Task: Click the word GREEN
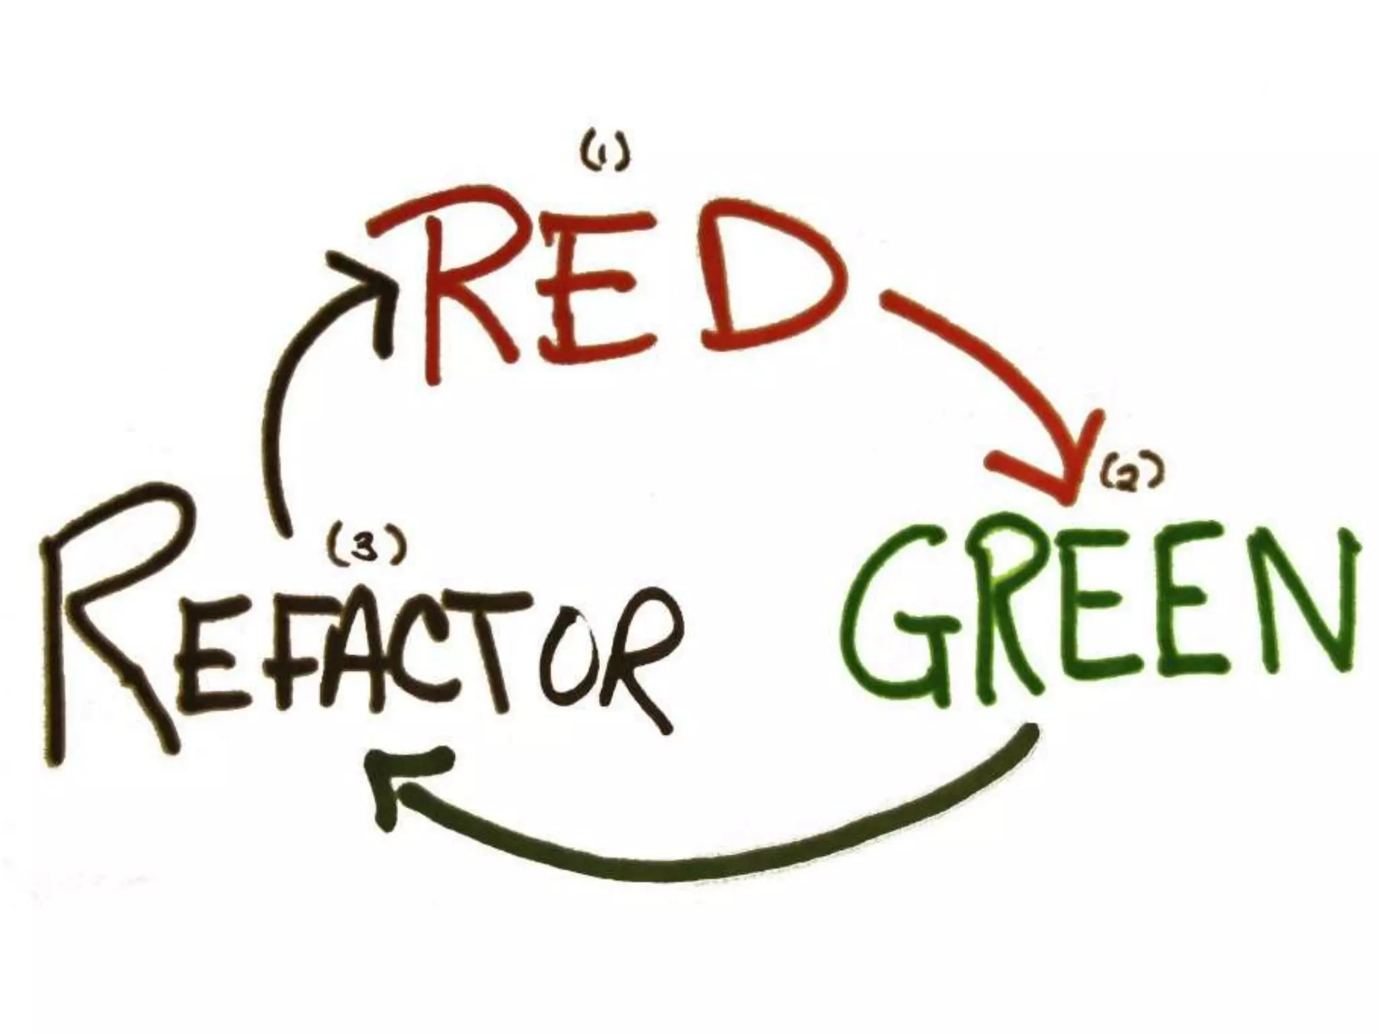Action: click(x=1104, y=613)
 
